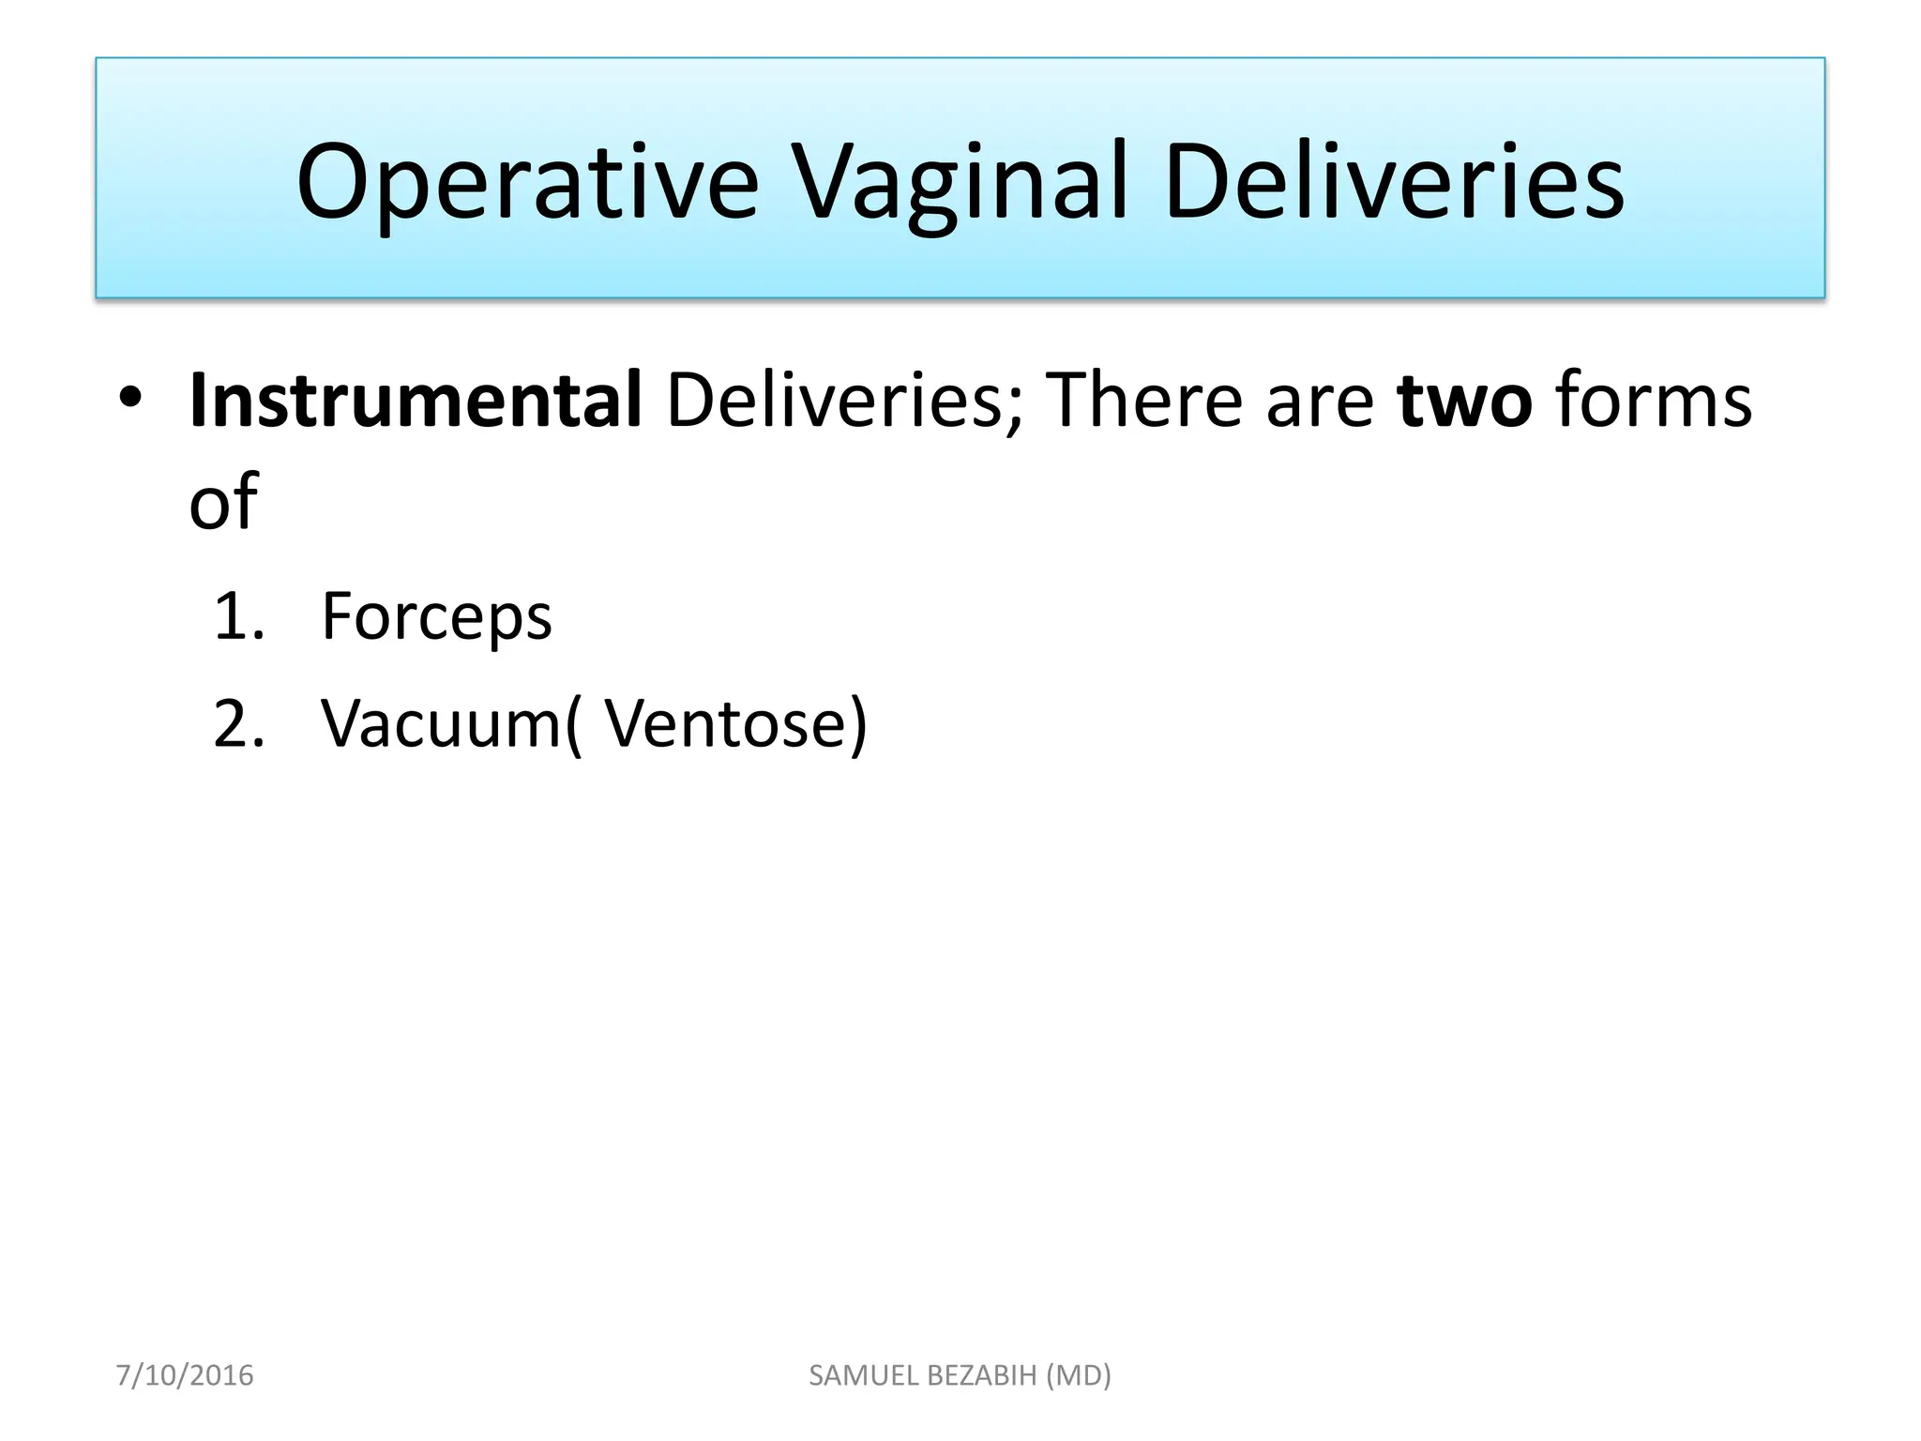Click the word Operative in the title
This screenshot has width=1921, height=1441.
[x=527, y=183]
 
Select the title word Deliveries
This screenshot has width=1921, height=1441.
[x=1394, y=183]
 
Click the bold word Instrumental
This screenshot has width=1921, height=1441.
[x=416, y=401]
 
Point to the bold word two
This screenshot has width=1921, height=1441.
[x=1464, y=401]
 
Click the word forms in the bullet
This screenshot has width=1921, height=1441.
[x=1654, y=401]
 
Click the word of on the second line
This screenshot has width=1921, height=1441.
[x=223, y=502]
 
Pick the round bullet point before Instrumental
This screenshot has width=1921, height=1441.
[x=130, y=399]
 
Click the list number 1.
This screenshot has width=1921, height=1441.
[x=236, y=617]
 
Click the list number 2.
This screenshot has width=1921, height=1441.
[x=236, y=724]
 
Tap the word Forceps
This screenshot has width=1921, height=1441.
[x=436, y=617]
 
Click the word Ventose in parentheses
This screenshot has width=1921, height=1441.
[x=726, y=724]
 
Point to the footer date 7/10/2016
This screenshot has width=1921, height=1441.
[x=185, y=1375]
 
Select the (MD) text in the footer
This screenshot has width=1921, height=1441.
[x=1079, y=1375]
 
